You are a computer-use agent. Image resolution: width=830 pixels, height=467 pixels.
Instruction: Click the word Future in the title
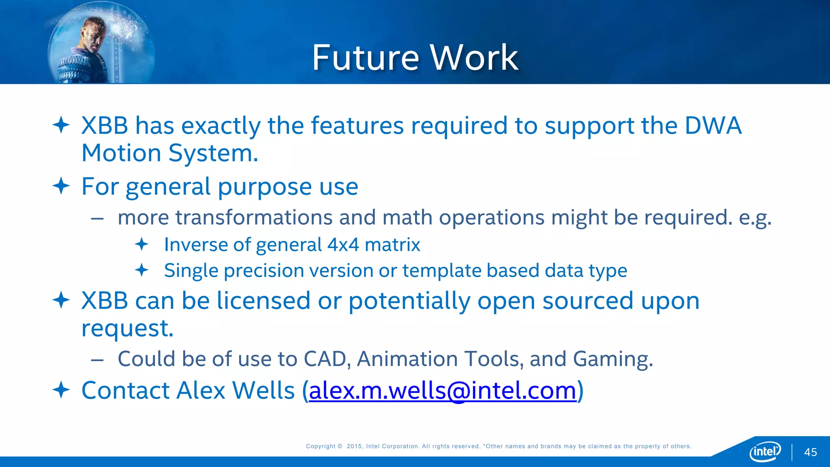click(365, 58)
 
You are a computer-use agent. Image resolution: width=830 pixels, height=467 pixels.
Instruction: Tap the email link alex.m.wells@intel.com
click(442, 391)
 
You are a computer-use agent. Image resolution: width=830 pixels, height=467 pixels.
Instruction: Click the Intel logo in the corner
click(765, 451)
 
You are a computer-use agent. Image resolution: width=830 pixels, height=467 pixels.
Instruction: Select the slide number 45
click(810, 452)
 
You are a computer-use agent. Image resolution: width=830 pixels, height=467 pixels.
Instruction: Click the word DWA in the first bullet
click(713, 126)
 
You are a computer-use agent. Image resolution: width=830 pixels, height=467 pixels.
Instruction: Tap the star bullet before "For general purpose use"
click(61, 186)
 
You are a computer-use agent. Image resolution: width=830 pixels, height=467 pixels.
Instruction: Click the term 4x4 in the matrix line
click(343, 245)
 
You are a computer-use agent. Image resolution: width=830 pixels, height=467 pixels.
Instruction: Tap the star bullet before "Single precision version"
click(141, 270)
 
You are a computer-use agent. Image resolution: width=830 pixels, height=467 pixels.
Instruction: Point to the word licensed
click(263, 301)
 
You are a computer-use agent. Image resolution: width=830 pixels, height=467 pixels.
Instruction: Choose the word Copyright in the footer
click(321, 446)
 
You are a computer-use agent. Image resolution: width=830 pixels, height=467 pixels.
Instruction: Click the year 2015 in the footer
click(354, 446)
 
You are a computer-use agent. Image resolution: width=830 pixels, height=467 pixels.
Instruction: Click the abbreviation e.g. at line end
click(755, 218)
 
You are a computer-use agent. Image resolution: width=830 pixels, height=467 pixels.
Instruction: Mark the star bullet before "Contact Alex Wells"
click(61, 390)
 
